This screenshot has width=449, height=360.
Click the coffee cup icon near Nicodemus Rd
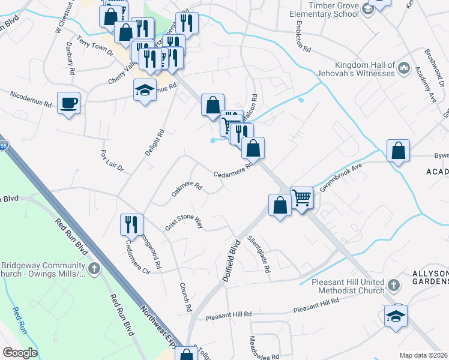(x=68, y=103)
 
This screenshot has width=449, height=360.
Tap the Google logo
(x=19, y=353)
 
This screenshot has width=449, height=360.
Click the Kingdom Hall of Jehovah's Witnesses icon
(x=403, y=69)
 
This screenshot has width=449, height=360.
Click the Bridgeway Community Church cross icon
(x=94, y=268)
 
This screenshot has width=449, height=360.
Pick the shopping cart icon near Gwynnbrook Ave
(x=301, y=197)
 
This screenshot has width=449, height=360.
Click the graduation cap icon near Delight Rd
(x=144, y=90)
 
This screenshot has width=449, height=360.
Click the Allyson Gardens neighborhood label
(x=429, y=277)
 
